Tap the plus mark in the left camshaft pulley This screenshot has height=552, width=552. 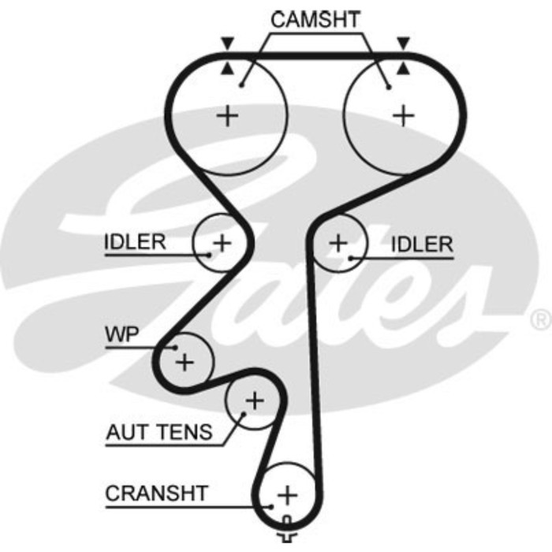coord(227,117)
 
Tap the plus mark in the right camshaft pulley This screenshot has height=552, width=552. coord(404,116)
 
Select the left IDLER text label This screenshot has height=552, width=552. coord(135,242)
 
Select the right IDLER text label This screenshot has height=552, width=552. coord(423,244)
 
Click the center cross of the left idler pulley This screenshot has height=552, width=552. coord(222,242)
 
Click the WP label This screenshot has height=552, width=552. coord(122,334)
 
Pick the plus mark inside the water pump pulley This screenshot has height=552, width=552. coord(184,362)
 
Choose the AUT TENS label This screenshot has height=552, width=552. coord(159,432)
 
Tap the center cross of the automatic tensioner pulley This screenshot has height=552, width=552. coord(253,401)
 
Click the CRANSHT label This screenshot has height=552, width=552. coord(157,494)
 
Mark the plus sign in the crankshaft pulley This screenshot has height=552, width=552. coord(287,495)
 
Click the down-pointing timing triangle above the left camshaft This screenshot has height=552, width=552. coord(227,43)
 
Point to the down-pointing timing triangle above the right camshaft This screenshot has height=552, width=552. coord(405,43)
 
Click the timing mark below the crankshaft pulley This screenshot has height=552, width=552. coord(287,535)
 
